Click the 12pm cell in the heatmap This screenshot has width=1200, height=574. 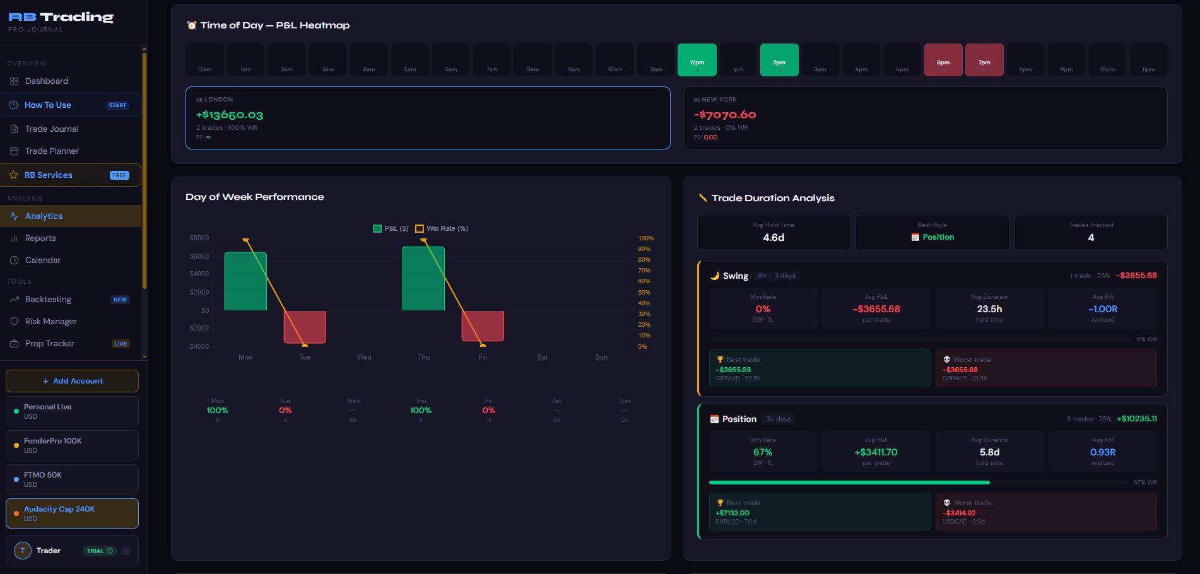pyautogui.click(x=697, y=60)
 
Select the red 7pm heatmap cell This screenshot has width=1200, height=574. pyautogui.click(x=984, y=60)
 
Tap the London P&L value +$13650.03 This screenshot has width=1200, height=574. pyautogui.click(x=230, y=115)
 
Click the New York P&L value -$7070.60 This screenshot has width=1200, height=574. pyautogui.click(x=725, y=115)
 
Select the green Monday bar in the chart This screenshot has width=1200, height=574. pyautogui.click(x=245, y=281)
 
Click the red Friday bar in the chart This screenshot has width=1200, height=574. pyautogui.click(x=483, y=325)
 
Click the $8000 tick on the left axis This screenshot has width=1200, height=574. pyautogui.click(x=199, y=238)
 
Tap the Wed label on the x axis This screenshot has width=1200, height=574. pyautogui.click(x=364, y=357)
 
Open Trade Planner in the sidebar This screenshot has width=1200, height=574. pyautogui.click(x=52, y=151)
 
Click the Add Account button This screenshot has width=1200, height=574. pyautogui.click(x=72, y=381)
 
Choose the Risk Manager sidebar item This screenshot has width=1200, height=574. pyautogui.click(x=50, y=321)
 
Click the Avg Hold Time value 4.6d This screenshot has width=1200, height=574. pyautogui.click(x=774, y=238)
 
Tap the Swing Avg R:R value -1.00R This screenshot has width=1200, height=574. pyautogui.click(x=1102, y=309)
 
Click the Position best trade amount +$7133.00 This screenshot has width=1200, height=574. pyautogui.click(x=732, y=513)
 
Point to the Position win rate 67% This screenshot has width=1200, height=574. pyautogui.click(x=762, y=452)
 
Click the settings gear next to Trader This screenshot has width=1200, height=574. pyautogui.click(x=126, y=551)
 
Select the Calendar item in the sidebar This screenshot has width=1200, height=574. pyautogui.click(x=43, y=260)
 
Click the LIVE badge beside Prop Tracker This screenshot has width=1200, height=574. pyautogui.click(x=121, y=344)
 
